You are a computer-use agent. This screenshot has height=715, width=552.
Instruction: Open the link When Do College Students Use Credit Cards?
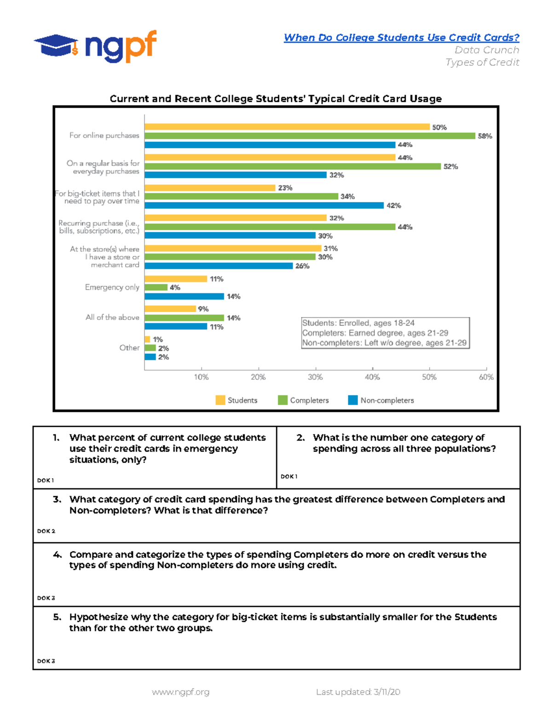(x=401, y=38)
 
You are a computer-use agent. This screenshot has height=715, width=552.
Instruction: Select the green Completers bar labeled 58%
(x=309, y=136)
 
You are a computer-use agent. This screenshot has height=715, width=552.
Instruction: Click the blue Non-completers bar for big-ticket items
(x=264, y=205)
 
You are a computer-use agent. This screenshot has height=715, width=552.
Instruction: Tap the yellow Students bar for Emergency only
(x=176, y=279)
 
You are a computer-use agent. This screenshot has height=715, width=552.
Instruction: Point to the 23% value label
(x=285, y=188)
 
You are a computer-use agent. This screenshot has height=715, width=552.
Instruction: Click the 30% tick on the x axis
(x=315, y=377)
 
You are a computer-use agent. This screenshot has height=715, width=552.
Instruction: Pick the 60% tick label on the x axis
(x=486, y=377)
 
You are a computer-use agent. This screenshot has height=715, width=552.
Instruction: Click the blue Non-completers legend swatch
(x=353, y=400)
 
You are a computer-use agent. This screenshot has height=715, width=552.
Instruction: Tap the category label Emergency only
(x=112, y=287)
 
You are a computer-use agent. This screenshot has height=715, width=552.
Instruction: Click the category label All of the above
(x=112, y=317)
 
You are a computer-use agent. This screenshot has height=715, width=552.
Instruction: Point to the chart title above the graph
(x=276, y=99)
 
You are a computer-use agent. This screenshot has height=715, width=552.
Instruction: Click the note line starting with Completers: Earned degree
(x=375, y=333)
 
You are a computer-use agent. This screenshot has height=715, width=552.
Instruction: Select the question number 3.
(x=57, y=500)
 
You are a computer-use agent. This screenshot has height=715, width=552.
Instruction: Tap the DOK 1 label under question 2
(x=289, y=477)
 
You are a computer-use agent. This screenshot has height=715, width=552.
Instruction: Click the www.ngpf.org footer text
(x=180, y=692)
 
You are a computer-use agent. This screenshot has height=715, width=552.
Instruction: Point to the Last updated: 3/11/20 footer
(x=358, y=692)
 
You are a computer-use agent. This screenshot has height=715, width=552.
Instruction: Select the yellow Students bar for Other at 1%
(x=147, y=339)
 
